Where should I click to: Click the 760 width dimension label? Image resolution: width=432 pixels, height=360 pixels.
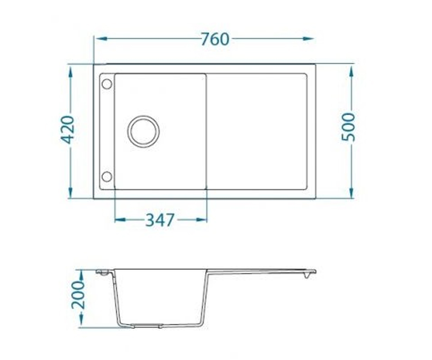[x=215, y=39]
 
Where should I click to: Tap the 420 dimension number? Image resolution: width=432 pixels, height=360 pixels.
[x=67, y=130]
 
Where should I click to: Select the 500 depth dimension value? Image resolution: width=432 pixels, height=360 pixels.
[x=348, y=127]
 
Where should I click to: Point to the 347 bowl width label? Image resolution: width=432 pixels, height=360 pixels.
[x=160, y=220]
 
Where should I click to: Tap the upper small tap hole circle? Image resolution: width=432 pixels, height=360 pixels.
[x=107, y=84]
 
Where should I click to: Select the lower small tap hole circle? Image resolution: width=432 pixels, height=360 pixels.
[x=107, y=176]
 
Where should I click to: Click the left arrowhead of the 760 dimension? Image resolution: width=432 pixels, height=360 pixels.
[x=102, y=39]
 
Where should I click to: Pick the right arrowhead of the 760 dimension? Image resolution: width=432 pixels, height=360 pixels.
[x=308, y=39]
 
